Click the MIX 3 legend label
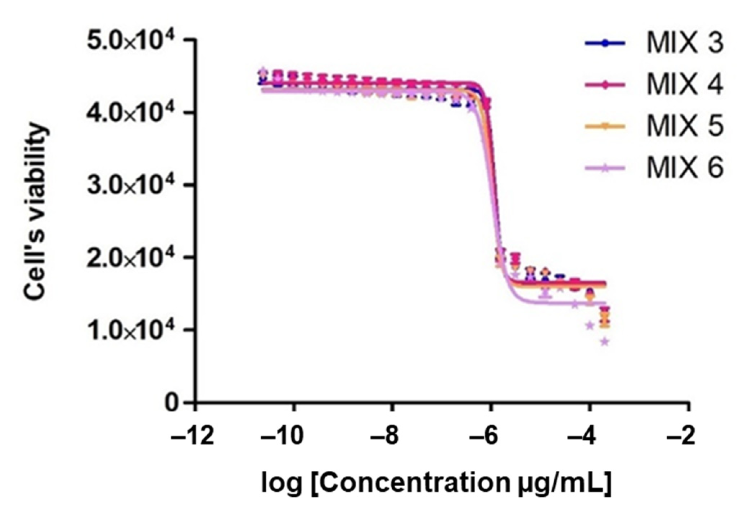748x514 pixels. coord(684,43)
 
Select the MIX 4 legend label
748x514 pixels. coord(684,85)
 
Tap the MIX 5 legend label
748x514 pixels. coord(684,126)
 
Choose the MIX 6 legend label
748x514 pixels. coord(684,168)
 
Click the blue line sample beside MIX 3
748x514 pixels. coord(605,43)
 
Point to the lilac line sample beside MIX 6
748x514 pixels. coord(605,168)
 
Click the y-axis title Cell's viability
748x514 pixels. coord(35,213)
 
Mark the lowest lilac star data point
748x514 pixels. coord(605,341)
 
